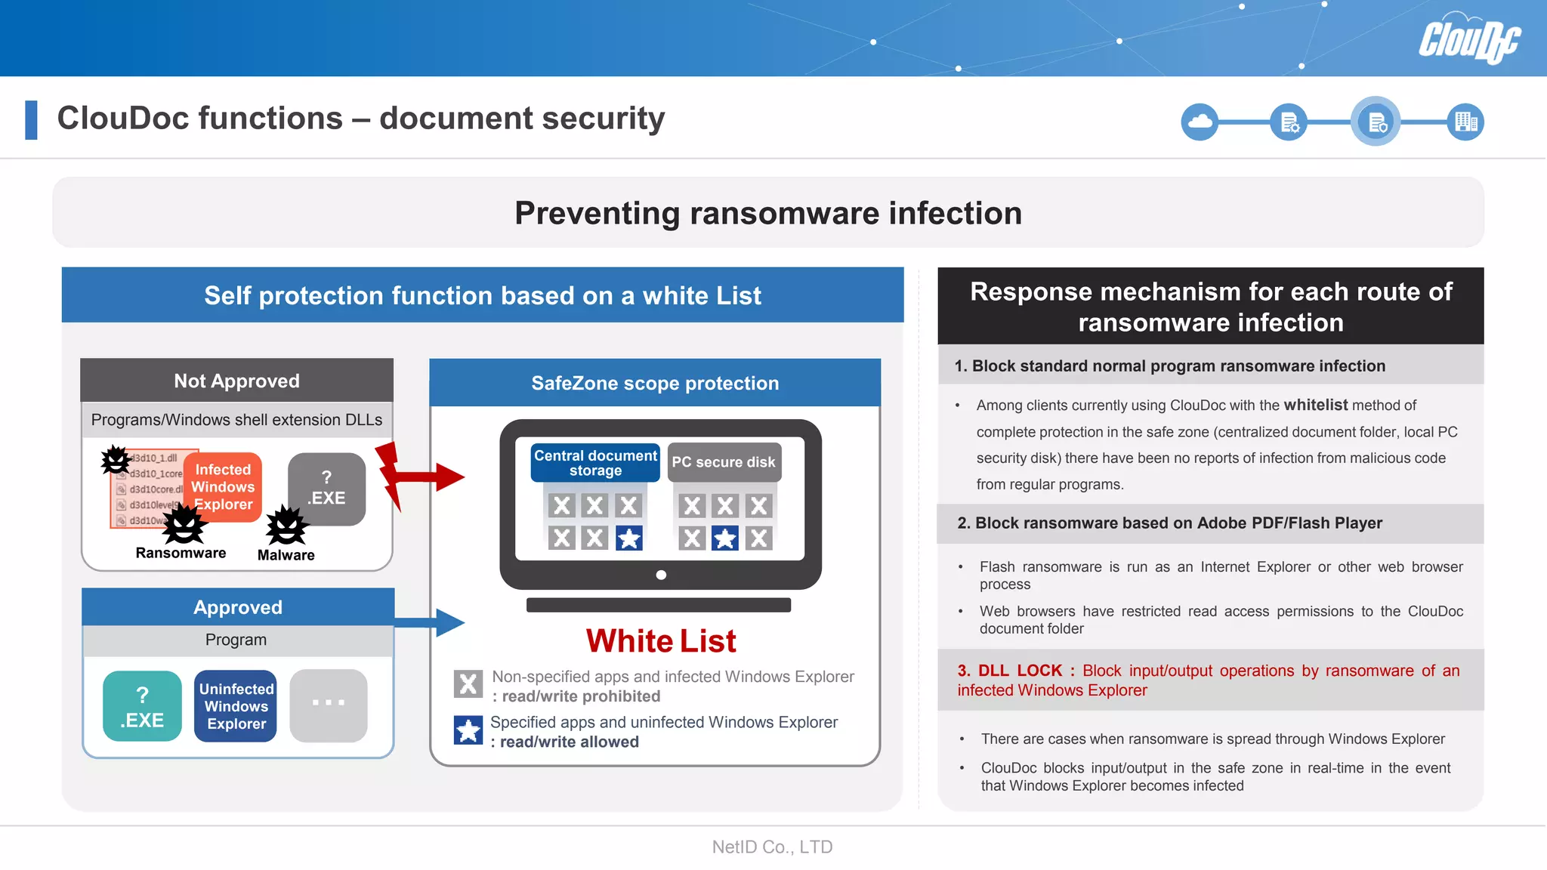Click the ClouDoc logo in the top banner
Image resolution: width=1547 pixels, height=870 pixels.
pos(1468,39)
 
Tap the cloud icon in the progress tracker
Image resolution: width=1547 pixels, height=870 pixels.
pos(1200,122)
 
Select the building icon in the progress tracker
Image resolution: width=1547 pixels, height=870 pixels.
pos(1465,122)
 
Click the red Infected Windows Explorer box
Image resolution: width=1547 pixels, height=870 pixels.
pos(223,487)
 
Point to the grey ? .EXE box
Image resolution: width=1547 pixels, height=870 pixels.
pos(327,488)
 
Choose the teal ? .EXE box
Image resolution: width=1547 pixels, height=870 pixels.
pos(142,707)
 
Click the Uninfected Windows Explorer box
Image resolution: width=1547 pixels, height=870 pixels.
pos(236,707)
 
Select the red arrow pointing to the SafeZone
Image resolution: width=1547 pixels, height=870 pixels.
pos(423,476)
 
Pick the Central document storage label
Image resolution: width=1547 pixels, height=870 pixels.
pos(595,463)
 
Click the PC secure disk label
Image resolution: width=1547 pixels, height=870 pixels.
pos(724,462)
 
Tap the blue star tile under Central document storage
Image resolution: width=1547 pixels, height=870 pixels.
pos(628,538)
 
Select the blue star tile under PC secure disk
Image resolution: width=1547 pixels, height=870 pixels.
pos(725,538)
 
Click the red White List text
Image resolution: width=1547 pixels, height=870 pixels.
pos(661,641)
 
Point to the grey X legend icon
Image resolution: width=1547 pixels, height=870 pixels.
pos(468,683)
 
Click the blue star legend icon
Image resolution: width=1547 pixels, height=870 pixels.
pos(468,730)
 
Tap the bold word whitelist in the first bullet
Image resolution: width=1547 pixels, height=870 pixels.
pos(1315,405)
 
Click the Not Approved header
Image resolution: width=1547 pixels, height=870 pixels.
pos(236,381)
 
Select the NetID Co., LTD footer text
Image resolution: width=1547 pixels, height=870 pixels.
pos(772,847)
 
